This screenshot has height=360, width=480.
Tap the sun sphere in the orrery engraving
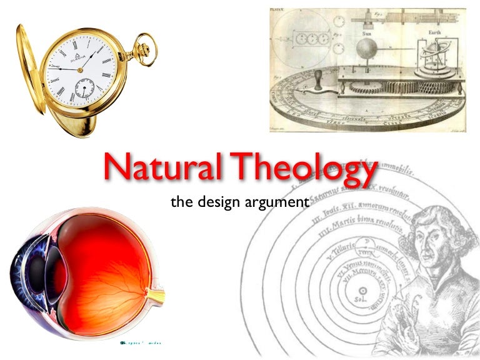point(366,49)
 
